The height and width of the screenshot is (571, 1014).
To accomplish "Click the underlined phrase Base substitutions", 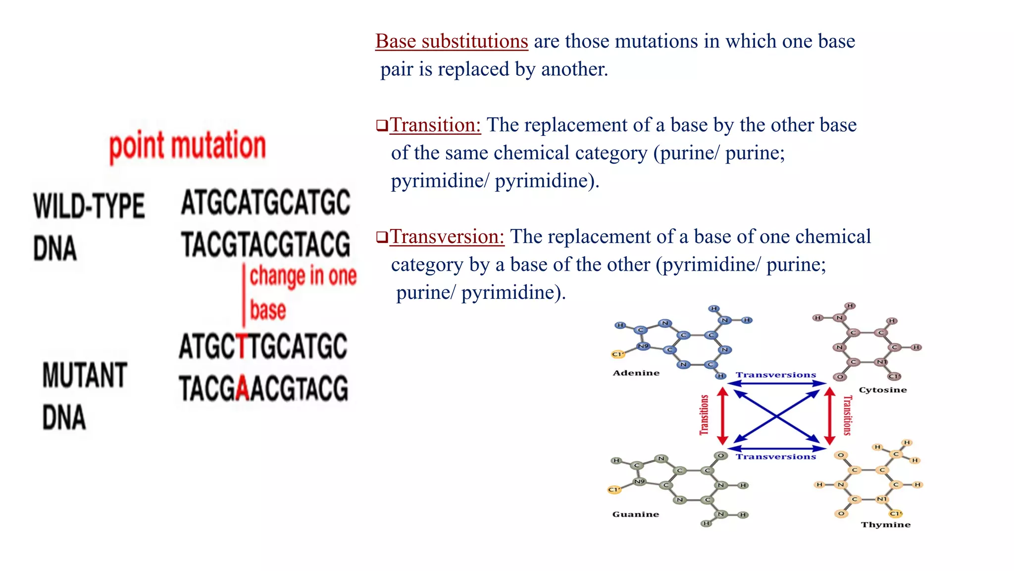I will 452,41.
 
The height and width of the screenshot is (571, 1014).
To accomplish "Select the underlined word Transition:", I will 435,125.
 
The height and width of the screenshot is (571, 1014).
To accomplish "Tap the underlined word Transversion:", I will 447,236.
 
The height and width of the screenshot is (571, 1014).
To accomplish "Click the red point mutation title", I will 187,146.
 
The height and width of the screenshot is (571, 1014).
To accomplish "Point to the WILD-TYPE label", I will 89,206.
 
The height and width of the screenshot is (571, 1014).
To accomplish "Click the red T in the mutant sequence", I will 242,346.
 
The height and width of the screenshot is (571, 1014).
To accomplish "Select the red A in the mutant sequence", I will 242,388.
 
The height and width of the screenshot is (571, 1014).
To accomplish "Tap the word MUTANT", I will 85,375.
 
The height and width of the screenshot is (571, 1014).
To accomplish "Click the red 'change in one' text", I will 303,276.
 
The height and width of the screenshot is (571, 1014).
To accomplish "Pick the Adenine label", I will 636,373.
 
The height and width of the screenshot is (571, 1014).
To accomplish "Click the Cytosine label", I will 882,390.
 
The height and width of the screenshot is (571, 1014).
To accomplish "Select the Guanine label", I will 635,514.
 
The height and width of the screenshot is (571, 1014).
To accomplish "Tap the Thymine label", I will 885,524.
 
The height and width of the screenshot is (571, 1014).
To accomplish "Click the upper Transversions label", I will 775,375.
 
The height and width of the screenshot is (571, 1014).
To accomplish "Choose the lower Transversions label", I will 775,457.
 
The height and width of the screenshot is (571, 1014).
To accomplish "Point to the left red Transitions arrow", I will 722,415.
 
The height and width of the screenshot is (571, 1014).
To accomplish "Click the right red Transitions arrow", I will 830,415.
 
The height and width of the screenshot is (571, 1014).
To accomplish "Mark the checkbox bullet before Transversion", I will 382,237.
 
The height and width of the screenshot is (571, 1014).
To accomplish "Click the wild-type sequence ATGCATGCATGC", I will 265,203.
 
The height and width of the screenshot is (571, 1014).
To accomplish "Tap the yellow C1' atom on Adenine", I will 617,354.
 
